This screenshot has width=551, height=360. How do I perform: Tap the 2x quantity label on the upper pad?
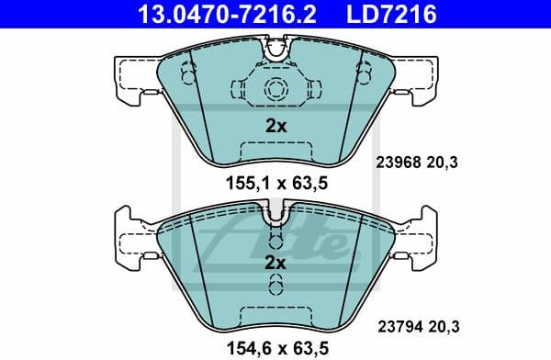[x=275, y=127]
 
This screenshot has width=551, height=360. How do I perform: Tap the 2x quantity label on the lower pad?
[x=275, y=263]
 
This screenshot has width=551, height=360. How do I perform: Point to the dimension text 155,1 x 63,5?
[x=276, y=183]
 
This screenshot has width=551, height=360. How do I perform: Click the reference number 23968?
[x=398, y=163]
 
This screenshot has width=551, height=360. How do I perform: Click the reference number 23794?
[x=398, y=322]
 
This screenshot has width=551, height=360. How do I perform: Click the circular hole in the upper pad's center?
[x=275, y=89]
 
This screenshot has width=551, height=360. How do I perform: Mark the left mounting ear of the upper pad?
[x=134, y=71]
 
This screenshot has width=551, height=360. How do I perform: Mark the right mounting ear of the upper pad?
[x=417, y=71]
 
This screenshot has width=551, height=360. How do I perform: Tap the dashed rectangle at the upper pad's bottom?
[x=275, y=153]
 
